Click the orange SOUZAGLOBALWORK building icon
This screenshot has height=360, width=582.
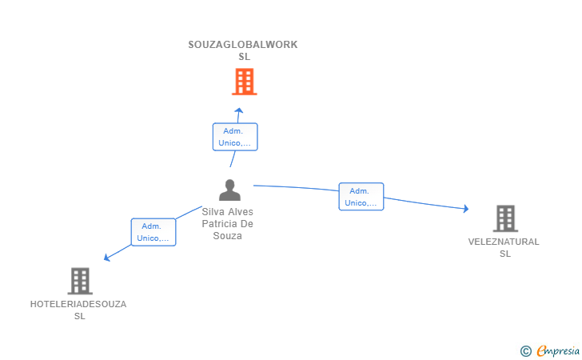244,82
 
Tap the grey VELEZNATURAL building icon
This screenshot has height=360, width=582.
504,218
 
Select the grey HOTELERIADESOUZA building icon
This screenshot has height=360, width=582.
80,281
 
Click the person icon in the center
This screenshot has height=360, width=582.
229,190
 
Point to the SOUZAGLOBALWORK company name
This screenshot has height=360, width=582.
242,45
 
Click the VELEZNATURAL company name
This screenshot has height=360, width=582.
504,242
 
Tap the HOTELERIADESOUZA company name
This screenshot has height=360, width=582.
78,304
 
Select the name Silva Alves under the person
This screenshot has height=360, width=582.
228,212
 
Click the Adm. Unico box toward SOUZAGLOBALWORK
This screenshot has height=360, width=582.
234,137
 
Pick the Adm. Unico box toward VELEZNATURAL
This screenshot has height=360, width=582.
361,197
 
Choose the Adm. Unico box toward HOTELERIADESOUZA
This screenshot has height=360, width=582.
153,232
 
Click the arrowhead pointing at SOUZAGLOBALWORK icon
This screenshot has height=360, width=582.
238,110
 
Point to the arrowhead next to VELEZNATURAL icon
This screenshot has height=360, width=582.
465,209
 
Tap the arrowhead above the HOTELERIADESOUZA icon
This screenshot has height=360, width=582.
107,257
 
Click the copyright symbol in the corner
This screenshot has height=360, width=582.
525,350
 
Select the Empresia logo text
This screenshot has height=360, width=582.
558,350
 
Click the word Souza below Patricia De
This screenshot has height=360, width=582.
228,236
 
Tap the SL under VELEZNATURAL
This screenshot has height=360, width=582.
504,254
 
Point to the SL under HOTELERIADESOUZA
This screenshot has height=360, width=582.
79,316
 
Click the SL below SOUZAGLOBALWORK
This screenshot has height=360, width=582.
244,57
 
